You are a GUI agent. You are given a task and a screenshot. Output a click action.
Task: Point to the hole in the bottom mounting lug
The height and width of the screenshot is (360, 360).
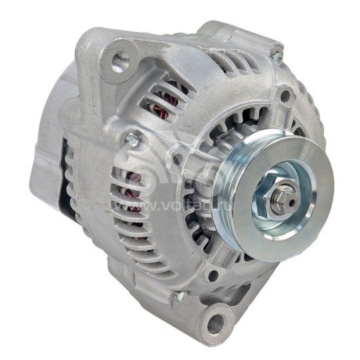pos(215,325)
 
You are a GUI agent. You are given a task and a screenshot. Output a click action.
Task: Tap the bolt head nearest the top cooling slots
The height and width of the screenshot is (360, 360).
pos(275,55)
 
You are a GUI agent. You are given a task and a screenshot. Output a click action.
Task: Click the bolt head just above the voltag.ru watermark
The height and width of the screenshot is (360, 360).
pos(131,139)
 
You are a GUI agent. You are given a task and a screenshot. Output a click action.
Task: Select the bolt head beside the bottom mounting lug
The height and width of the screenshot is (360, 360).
pos(179,295)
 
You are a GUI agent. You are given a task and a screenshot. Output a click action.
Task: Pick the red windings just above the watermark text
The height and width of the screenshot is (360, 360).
pos(136,179)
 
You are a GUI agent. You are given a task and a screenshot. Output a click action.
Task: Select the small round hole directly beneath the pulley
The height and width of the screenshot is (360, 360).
pos(213,275)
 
